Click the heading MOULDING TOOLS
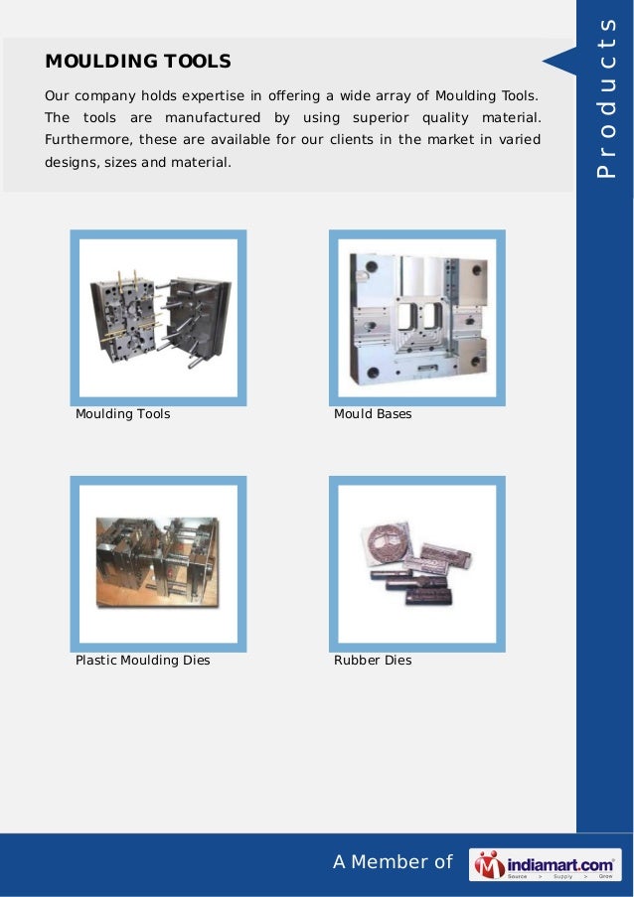tap(138, 62)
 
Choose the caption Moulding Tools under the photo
tap(122, 413)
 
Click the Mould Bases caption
tap(373, 413)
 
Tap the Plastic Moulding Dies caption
tap(142, 660)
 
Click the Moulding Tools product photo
tap(158, 318)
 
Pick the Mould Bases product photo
tap(416, 318)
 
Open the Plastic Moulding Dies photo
tap(158, 564)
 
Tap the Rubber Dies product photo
tap(416, 564)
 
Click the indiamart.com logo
tap(546, 864)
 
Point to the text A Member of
tap(392, 862)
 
